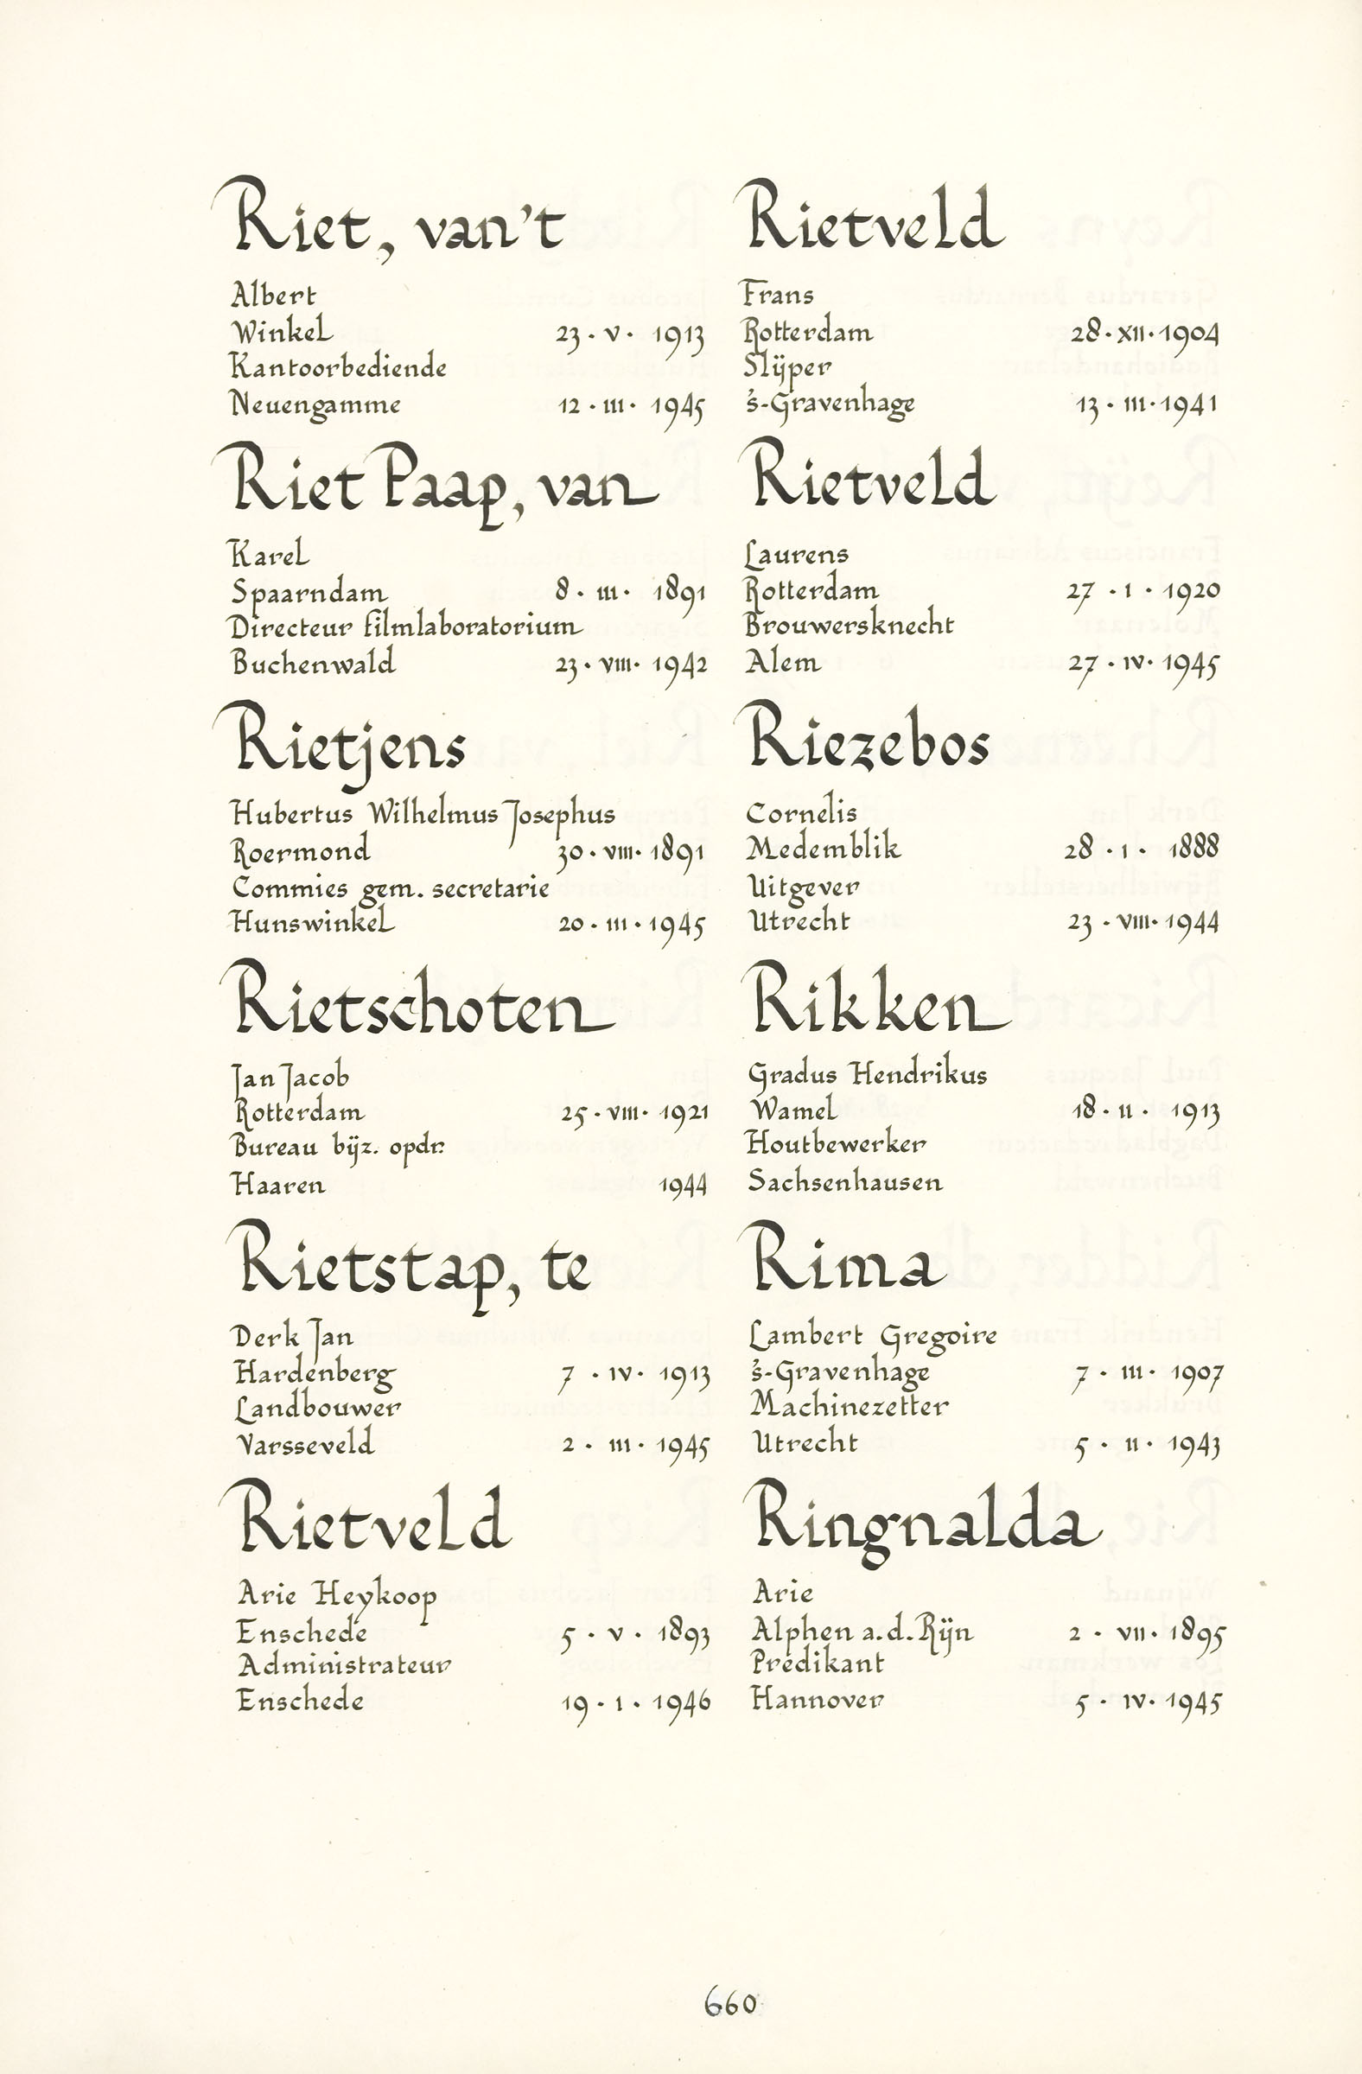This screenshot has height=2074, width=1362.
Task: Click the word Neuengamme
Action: (315, 404)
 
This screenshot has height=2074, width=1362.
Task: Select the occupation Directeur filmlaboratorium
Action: (405, 627)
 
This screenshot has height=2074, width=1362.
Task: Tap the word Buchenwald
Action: (313, 663)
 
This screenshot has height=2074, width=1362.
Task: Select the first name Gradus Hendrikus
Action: (867, 1074)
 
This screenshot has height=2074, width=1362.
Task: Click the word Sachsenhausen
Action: (844, 1182)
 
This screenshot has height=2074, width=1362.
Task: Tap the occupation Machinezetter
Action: (849, 1406)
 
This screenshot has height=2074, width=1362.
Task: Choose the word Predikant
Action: (818, 1663)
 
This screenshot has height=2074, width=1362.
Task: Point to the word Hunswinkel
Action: (313, 922)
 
